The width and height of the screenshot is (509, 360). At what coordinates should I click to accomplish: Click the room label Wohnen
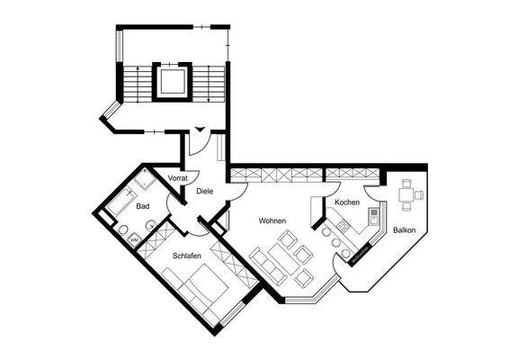pyautogui.click(x=272, y=220)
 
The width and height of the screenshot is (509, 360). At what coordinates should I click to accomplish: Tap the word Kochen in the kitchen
pyautogui.click(x=347, y=202)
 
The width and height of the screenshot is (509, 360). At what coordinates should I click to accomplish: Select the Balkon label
pyautogui.click(x=405, y=231)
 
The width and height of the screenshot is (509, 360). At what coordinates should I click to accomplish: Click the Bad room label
pyautogui.click(x=142, y=206)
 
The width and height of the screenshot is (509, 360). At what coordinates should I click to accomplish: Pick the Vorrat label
pyautogui.click(x=177, y=179)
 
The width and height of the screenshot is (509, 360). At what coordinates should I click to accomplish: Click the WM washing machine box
pyautogui.click(x=133, y=239)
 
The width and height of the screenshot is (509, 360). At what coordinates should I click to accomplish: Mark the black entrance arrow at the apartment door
pyautogui.click(x=200, y=130)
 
